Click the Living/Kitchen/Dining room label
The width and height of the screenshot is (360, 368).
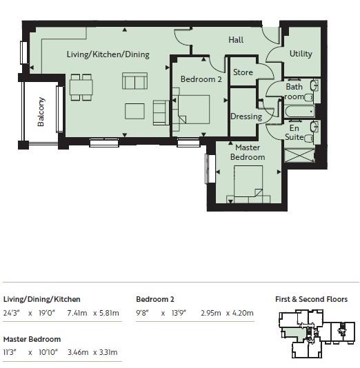(x=108, y=54)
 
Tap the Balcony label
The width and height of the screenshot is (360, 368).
(x=41, y=110)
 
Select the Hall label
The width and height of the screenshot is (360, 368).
(x=236, y=40)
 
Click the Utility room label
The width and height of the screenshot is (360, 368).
(x=301, y=54)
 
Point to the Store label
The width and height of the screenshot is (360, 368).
(x=243, y=72)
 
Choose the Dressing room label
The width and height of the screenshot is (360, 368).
(x=246, y=116)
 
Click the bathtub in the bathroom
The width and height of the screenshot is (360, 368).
(x=298, y=110)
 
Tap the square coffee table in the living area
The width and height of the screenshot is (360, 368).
(x=134, y=111)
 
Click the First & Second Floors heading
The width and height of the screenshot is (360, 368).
(x=311, y=299)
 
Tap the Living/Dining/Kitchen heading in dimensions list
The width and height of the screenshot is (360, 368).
(x=41, y=299)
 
